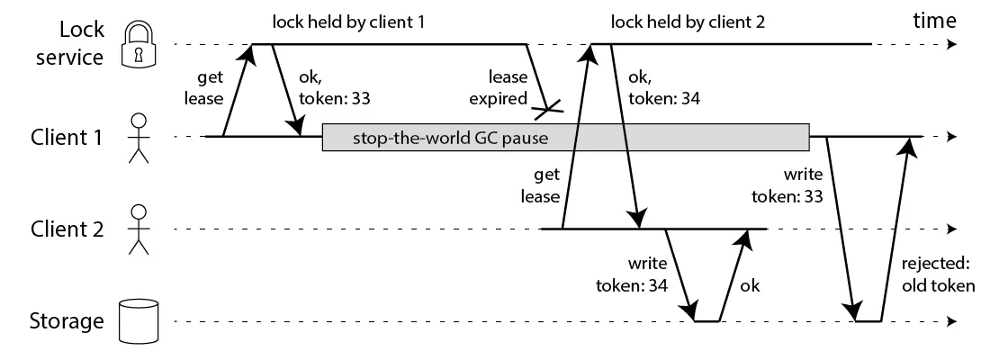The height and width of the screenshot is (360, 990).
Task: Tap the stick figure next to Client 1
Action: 138,139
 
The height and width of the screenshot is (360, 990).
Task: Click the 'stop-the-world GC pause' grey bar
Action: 565,138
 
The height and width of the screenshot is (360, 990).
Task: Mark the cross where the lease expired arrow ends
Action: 548,110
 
